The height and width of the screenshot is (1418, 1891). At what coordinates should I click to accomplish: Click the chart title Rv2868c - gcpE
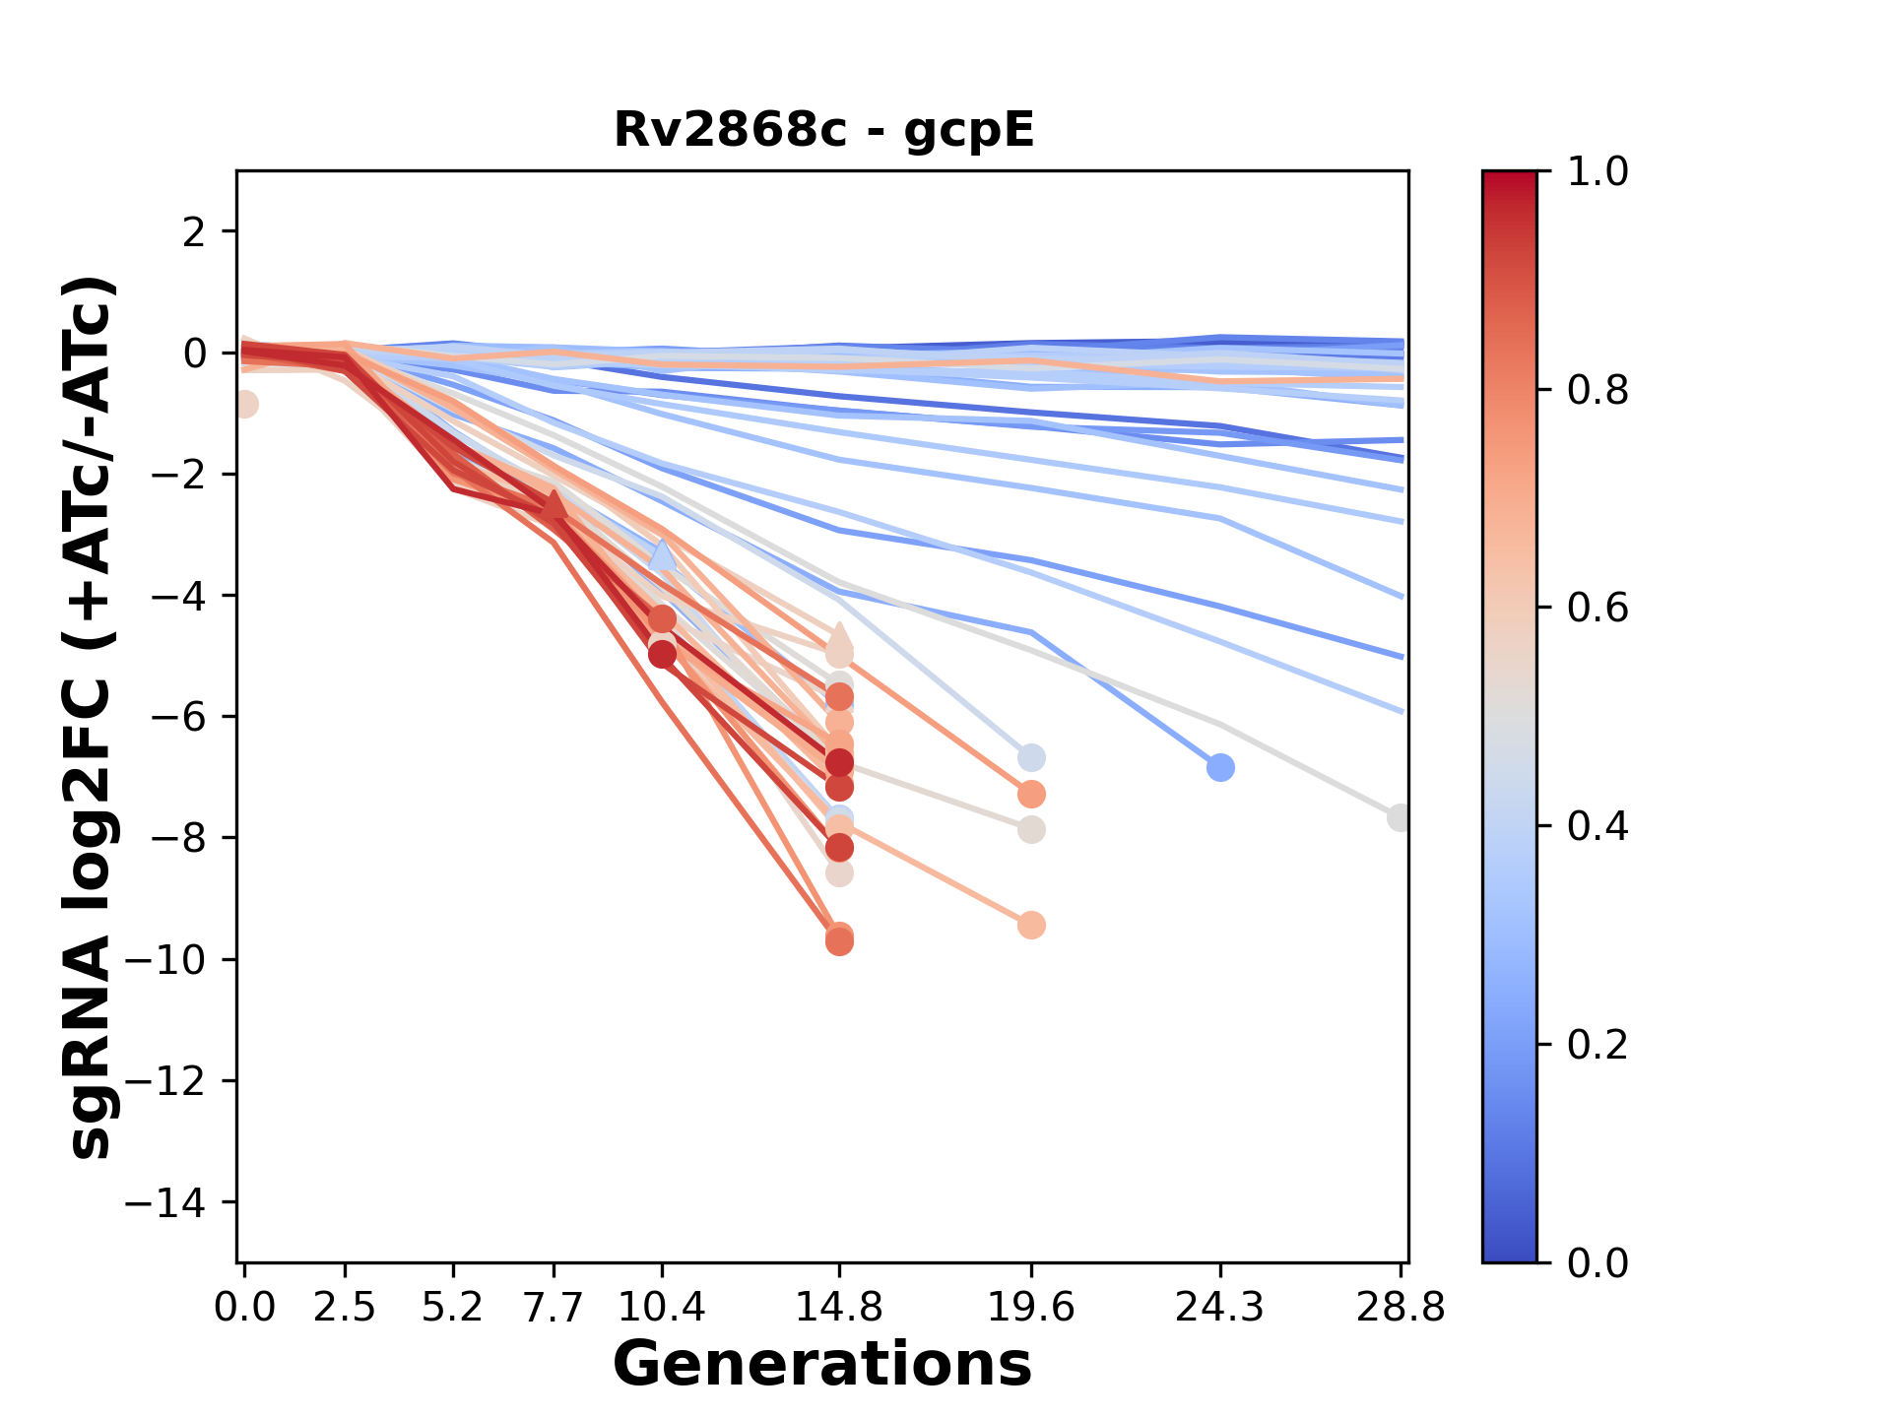point(823,130)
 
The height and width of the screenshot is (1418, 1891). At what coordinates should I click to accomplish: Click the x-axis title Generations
point(822,1365)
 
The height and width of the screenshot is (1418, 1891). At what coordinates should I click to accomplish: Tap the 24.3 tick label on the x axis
point(1220,1307)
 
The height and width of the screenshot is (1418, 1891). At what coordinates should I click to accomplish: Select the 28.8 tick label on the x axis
point(1401,1307)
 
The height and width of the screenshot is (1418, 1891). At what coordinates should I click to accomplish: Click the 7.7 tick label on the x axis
point(554,1307)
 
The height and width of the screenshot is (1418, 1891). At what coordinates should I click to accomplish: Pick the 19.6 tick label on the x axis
point(1031,1307)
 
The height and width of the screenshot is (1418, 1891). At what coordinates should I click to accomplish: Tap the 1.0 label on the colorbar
point(1598,171)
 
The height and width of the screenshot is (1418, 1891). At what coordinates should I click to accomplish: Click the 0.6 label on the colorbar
point(1598,608)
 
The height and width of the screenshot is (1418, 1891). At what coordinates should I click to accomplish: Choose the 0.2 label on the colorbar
point(1598,1044)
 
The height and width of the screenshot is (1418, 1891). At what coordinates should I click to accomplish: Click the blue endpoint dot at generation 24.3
point(1220,767)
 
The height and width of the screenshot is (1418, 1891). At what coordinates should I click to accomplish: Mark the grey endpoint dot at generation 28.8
point(1400,817)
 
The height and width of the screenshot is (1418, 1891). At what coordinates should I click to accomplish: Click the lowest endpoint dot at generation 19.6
point(1031,925)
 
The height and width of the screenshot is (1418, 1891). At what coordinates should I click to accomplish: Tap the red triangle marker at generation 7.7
point(554,505)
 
